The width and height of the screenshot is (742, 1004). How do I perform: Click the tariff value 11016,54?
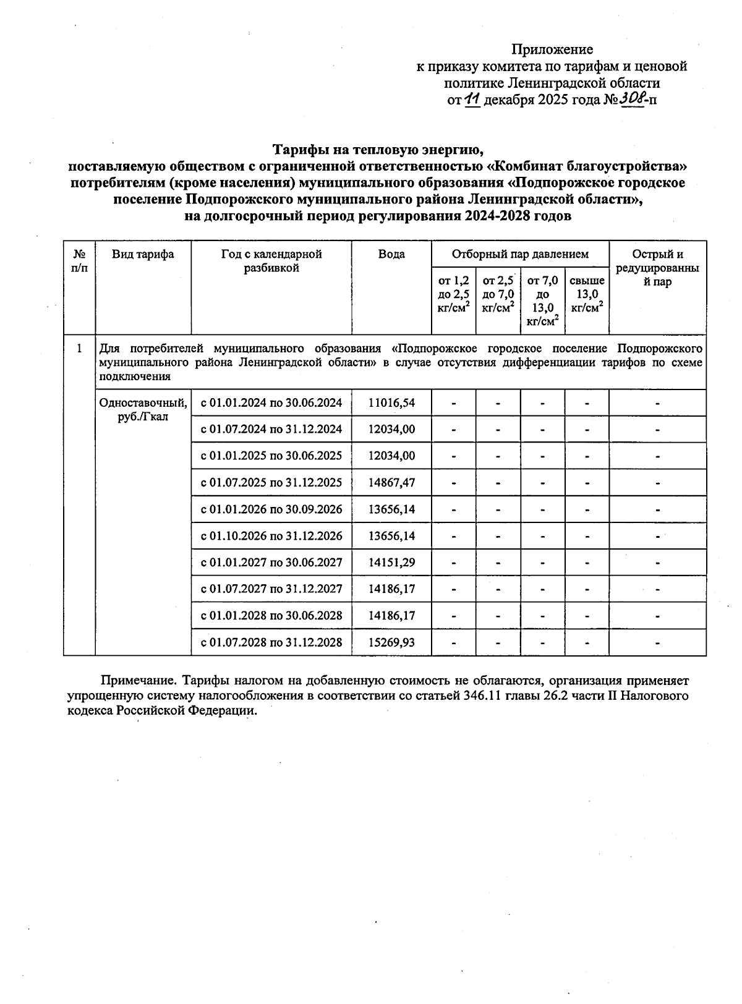pyautogui.click(x=391, y=403)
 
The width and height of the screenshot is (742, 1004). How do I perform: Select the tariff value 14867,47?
pyautogui.click(x=391, y=482)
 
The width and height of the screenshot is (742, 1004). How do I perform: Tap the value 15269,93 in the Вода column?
pyautogui.click(x=391, y=642)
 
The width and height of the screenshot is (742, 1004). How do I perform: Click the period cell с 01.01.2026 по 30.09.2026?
pyautogui.click(x=271, y=509)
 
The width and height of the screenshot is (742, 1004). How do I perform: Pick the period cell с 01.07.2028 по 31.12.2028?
pyautogui.click(x=271, y=642)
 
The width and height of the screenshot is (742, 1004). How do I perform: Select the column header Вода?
pyautogui.click(x=391, y=254)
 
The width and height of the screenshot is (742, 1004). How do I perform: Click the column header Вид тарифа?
pyautogui.click(x=143, y=254)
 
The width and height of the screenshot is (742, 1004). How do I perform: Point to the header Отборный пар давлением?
pyautogui.click(x=520, y=254)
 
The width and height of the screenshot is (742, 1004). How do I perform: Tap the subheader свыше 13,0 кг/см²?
pyautogui.click(x=587, y=294)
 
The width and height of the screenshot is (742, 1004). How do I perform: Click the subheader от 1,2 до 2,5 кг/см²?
pyautogui.click(x=453, y=294)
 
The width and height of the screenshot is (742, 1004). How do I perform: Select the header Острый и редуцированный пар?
pyautogui.click(x=657, y=268)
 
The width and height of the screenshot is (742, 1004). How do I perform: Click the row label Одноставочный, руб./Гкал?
pyautogui.click(x=143, y=409)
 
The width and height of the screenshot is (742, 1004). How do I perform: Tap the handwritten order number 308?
pyautogui.click(x=633, y=98)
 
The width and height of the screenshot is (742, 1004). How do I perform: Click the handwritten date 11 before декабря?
pyautogui.click(x=472, y=99)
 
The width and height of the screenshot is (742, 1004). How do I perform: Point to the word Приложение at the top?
pyautogui.click(x=552, y=49)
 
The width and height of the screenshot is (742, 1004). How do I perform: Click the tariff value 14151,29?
pyautogui.click(x=391, y=563)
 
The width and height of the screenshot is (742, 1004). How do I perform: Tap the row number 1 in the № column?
pyautogui.click(x=79, y=349)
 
